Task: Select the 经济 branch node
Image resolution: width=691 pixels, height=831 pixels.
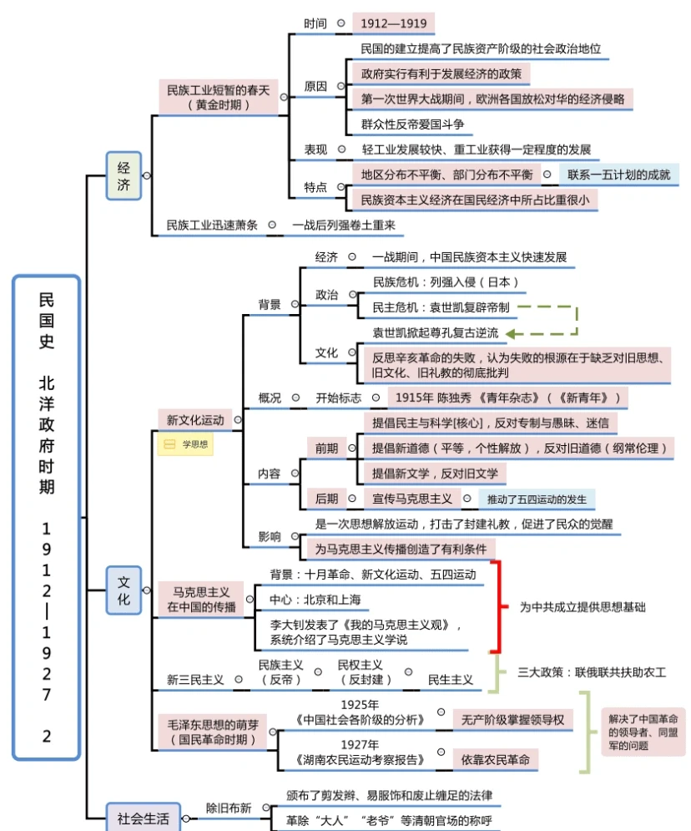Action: click(124, 175)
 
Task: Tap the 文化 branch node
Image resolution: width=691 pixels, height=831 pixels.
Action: click(124, 590)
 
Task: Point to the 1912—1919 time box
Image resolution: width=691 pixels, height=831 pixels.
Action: click(393, 23)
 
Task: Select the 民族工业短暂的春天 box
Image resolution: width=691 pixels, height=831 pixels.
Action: click(218, 97)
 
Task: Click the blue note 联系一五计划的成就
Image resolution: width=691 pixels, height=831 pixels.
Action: click(618, 175)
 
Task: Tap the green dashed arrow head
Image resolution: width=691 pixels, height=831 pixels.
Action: click(511, 333)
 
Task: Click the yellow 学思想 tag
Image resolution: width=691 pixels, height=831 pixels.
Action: click(186, 445)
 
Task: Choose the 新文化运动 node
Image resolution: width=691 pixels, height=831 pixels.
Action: click(195, 419)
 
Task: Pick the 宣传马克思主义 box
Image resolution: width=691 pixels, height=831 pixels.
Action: click(411, 499)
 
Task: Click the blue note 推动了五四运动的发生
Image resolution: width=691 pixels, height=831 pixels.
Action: click(537, 499)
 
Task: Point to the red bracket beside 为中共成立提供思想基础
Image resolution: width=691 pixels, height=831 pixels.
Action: click(498, 606)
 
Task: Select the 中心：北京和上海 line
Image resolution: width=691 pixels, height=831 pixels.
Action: click(315, 600)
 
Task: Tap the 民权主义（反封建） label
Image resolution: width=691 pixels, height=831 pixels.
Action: click(360, 672)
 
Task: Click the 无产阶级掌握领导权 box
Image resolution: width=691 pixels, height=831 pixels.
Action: click(512, 719)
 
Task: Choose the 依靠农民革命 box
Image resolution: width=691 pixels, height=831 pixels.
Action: click(495, 759)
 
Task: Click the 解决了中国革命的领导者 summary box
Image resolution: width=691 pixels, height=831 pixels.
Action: click(643, 732)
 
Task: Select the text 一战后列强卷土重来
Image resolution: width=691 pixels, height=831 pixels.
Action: click(343, 225)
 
